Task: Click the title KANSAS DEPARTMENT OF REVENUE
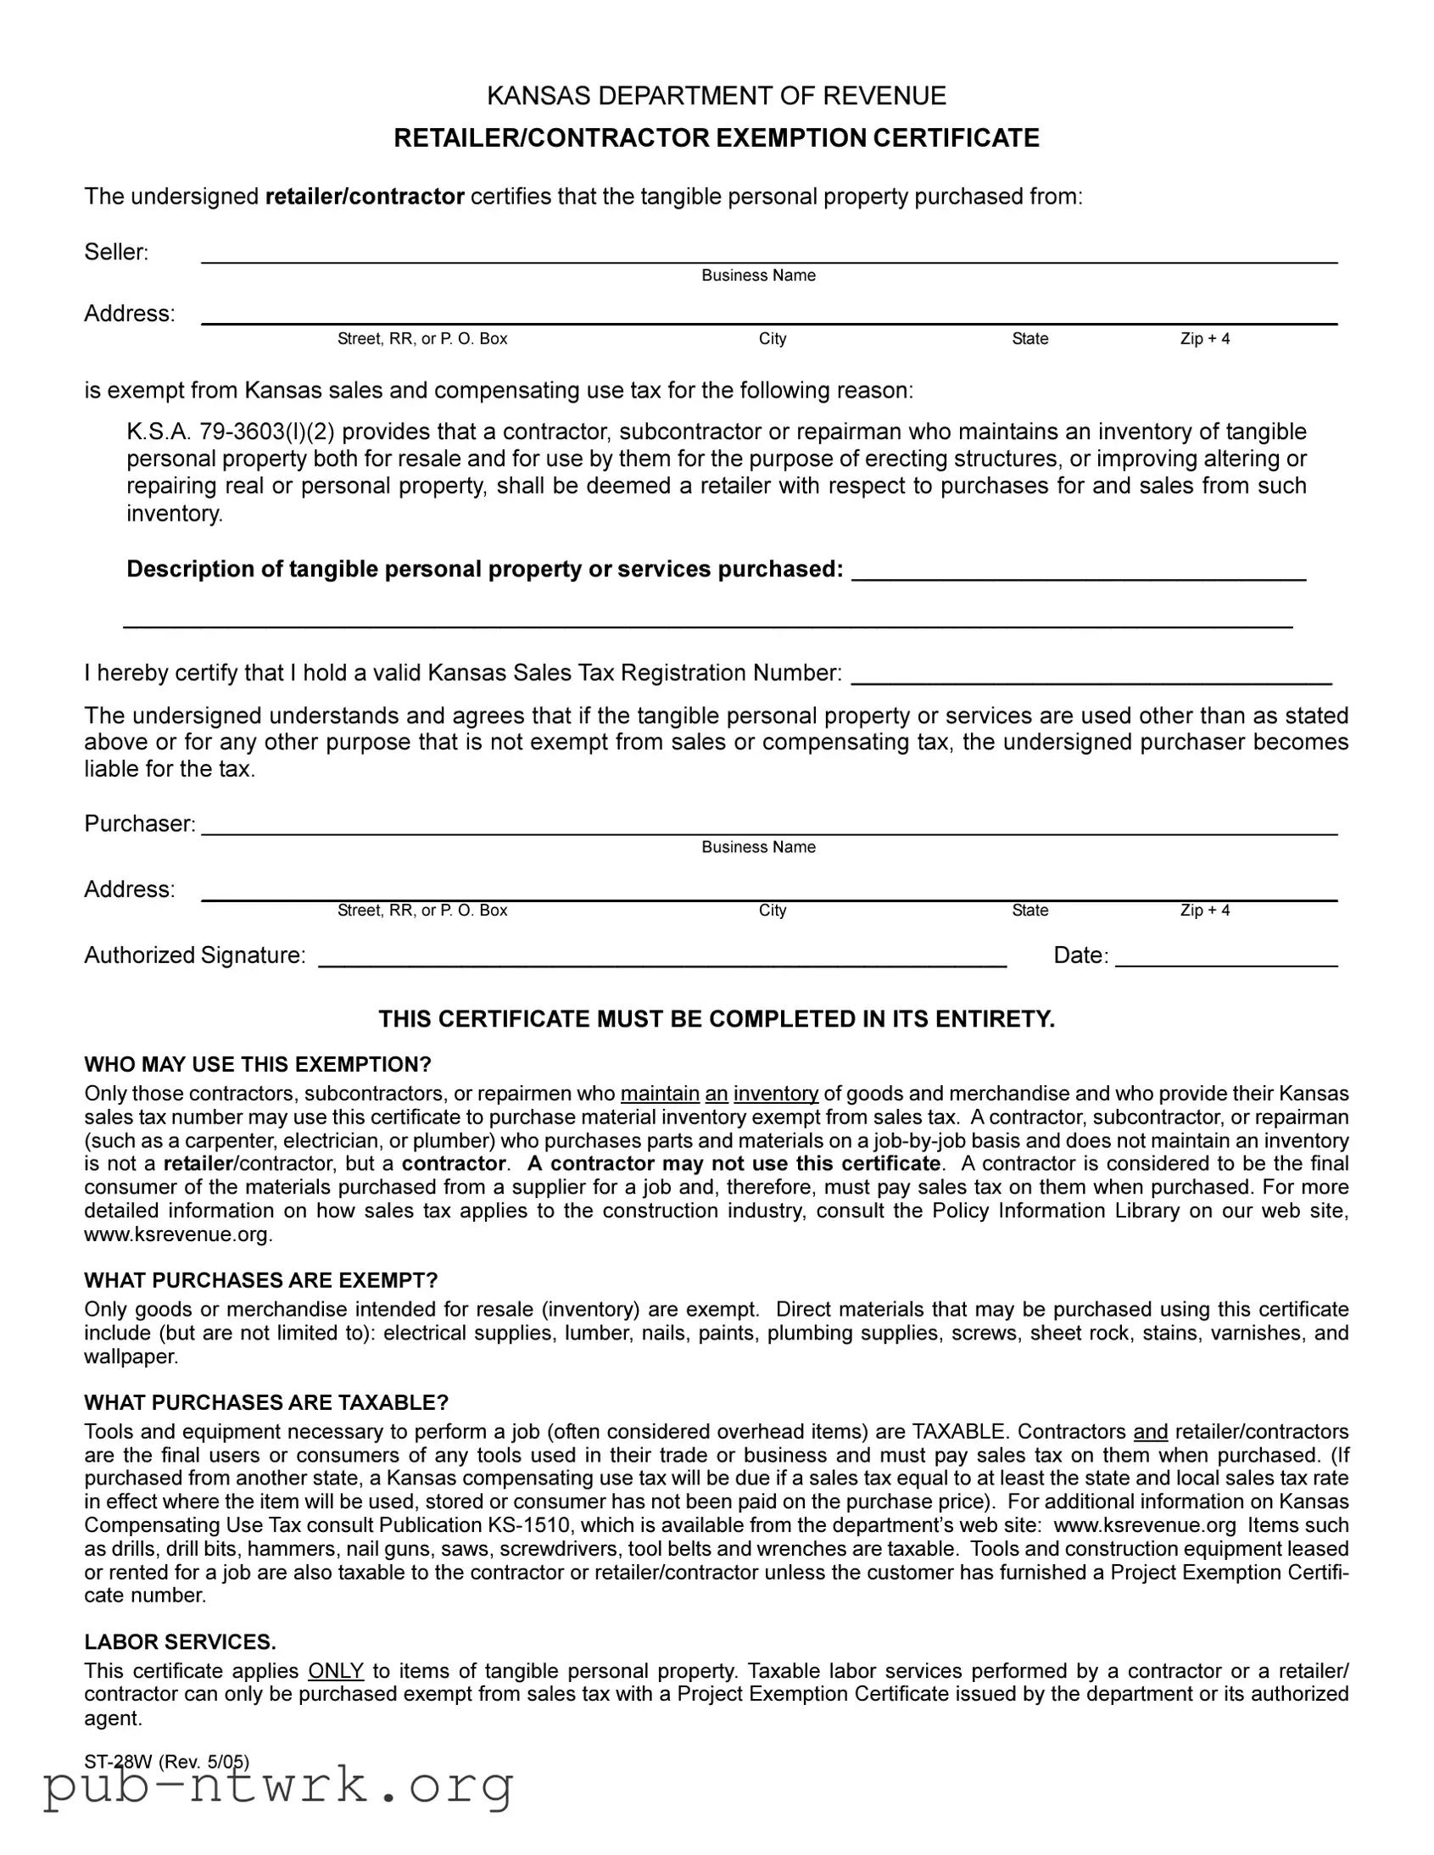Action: click(x=716, y=96)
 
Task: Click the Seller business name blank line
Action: click(x=769, y=254)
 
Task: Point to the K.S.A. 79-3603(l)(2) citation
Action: click(x=230, y=432)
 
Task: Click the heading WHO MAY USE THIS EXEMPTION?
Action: click(x=258, y=1064)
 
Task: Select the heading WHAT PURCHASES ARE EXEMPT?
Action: click(x=261, y=1280)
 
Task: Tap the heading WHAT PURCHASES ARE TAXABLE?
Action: click(x=266, y=1402)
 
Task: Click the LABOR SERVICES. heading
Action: click(x=180, y=1642)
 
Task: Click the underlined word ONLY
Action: click(x=336, y=1671)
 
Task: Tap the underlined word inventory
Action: click(x=776, y=1093)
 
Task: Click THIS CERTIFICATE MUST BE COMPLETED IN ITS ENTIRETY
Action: click(x=716, y=1019)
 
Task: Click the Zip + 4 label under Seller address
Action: click(x=1205, y=339)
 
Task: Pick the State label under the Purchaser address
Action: click(x=1029, y=911)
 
